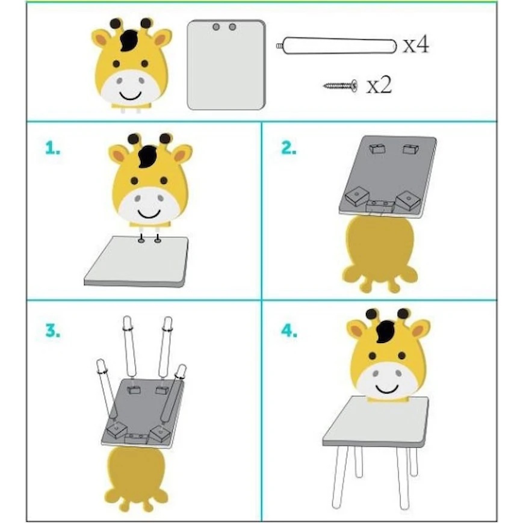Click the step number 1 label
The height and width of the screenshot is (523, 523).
[53, 148]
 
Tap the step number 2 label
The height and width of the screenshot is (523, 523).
[289, 148]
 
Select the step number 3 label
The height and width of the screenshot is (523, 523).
[53, 330]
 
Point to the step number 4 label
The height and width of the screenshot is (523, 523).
[289, 330]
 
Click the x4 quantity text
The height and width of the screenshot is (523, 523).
[416, 45]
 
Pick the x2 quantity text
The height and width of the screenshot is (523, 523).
[379, 85]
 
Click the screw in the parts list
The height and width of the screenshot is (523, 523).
[340, 85]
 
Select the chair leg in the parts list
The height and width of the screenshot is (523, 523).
[337, 46]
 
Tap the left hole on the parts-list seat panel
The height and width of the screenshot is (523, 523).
[216, 27]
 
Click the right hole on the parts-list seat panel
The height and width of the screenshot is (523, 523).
[232, 27]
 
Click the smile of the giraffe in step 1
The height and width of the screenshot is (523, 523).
[149, 214]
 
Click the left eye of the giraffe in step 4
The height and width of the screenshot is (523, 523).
[373, 356]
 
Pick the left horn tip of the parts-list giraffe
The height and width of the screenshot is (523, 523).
[116, 23]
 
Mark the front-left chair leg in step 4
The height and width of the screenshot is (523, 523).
[339, 478]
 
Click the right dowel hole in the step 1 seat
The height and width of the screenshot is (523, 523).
[158, 240]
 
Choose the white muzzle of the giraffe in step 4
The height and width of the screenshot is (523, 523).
[388, 380]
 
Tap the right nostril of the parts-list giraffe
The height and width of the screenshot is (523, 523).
[142, 81]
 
